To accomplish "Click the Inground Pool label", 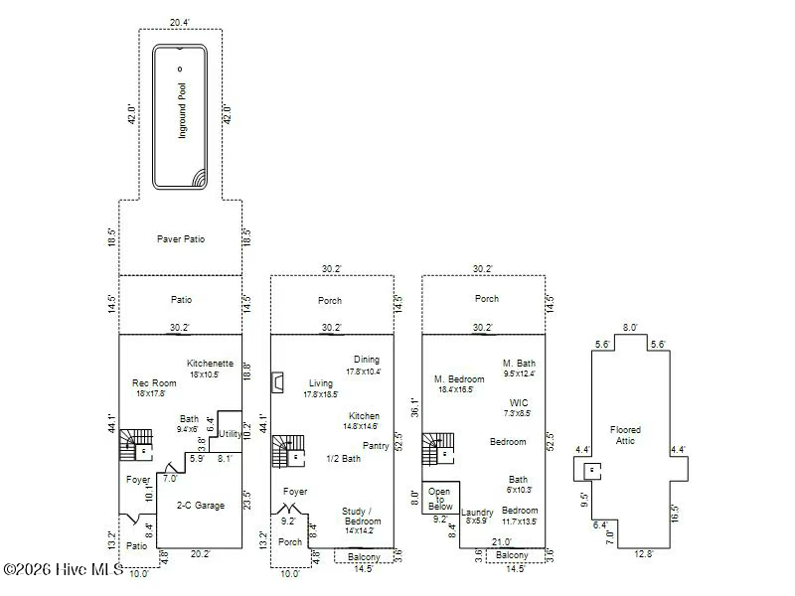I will point(182,110).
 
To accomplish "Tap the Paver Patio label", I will point(181,239).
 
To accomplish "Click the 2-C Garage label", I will point(201,506).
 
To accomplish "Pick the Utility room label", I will point(230,434).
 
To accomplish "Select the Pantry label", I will point(376,446).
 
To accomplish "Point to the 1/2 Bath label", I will point(343,459).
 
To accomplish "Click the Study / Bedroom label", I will point(361,516).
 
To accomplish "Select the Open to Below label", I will point(440,499).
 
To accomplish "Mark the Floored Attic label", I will point(626,435).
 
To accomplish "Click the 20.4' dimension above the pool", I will point(179,22).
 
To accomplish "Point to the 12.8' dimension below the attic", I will point(644,554).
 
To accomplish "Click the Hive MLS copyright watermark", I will point(63,569).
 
